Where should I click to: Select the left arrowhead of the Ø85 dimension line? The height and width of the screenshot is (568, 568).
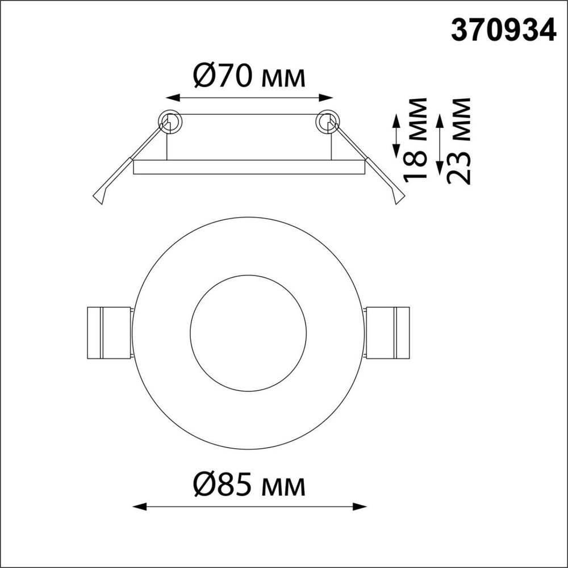coord(136,506)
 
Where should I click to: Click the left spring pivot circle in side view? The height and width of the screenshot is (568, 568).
coord(169,120)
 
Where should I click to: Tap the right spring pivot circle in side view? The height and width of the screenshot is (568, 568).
coord(327,120)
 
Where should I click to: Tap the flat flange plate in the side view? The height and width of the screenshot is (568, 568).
coord(248,167)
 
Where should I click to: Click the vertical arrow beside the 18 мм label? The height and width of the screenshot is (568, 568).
coord(396,136)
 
